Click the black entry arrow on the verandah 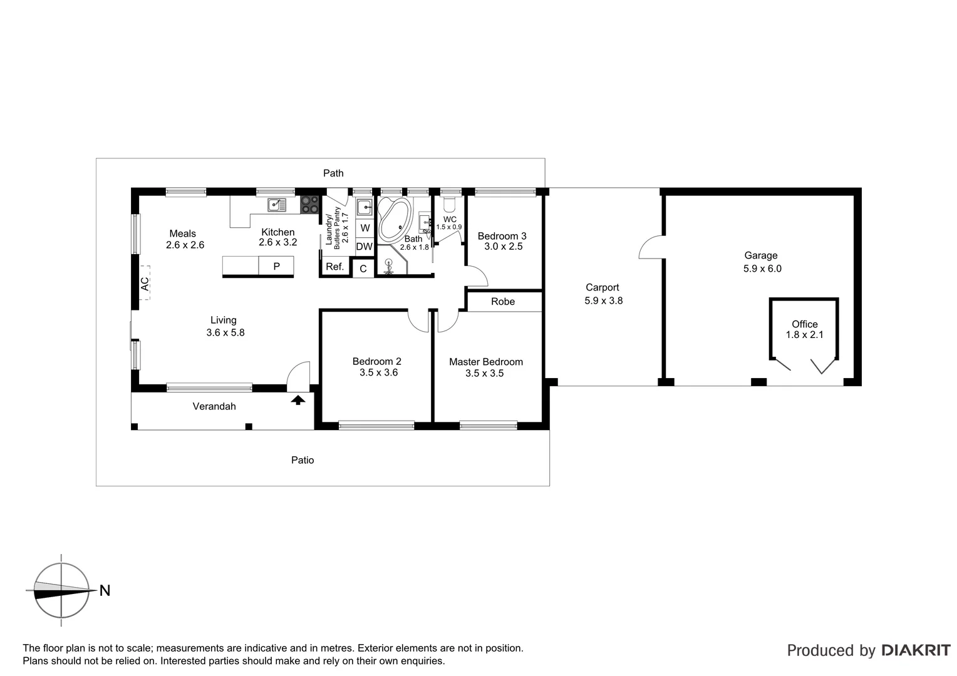(x=298, y=399)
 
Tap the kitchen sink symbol (x=276, y=205)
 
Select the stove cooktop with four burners (x=309, y=205)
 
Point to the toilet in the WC (x=449, y=205)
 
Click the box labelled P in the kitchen (x=276, y=266)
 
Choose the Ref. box (x=335, y=267)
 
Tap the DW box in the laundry (x=364, y=247)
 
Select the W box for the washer (x=365, y=228)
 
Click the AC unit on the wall (x=145, y=284)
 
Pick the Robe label (x=503, y=302)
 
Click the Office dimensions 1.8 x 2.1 (x=804, y=335)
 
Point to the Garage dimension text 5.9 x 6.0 (x=762, y=269)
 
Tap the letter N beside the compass (x=105, y=590)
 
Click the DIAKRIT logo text (x=916, y=650)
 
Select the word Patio (x=303, y=460)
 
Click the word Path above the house (x=333, y=173)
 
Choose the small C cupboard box (x=363, y=269)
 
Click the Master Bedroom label (x=486, y=362)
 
